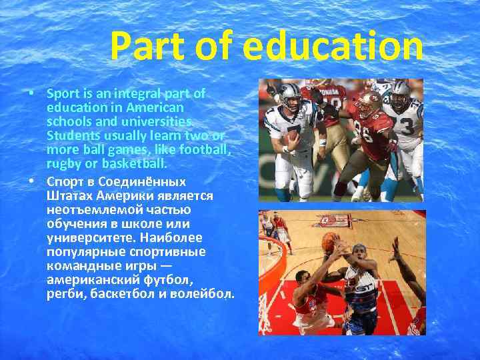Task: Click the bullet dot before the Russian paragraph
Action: coord(32,181)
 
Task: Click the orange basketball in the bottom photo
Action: coord(329,241)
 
